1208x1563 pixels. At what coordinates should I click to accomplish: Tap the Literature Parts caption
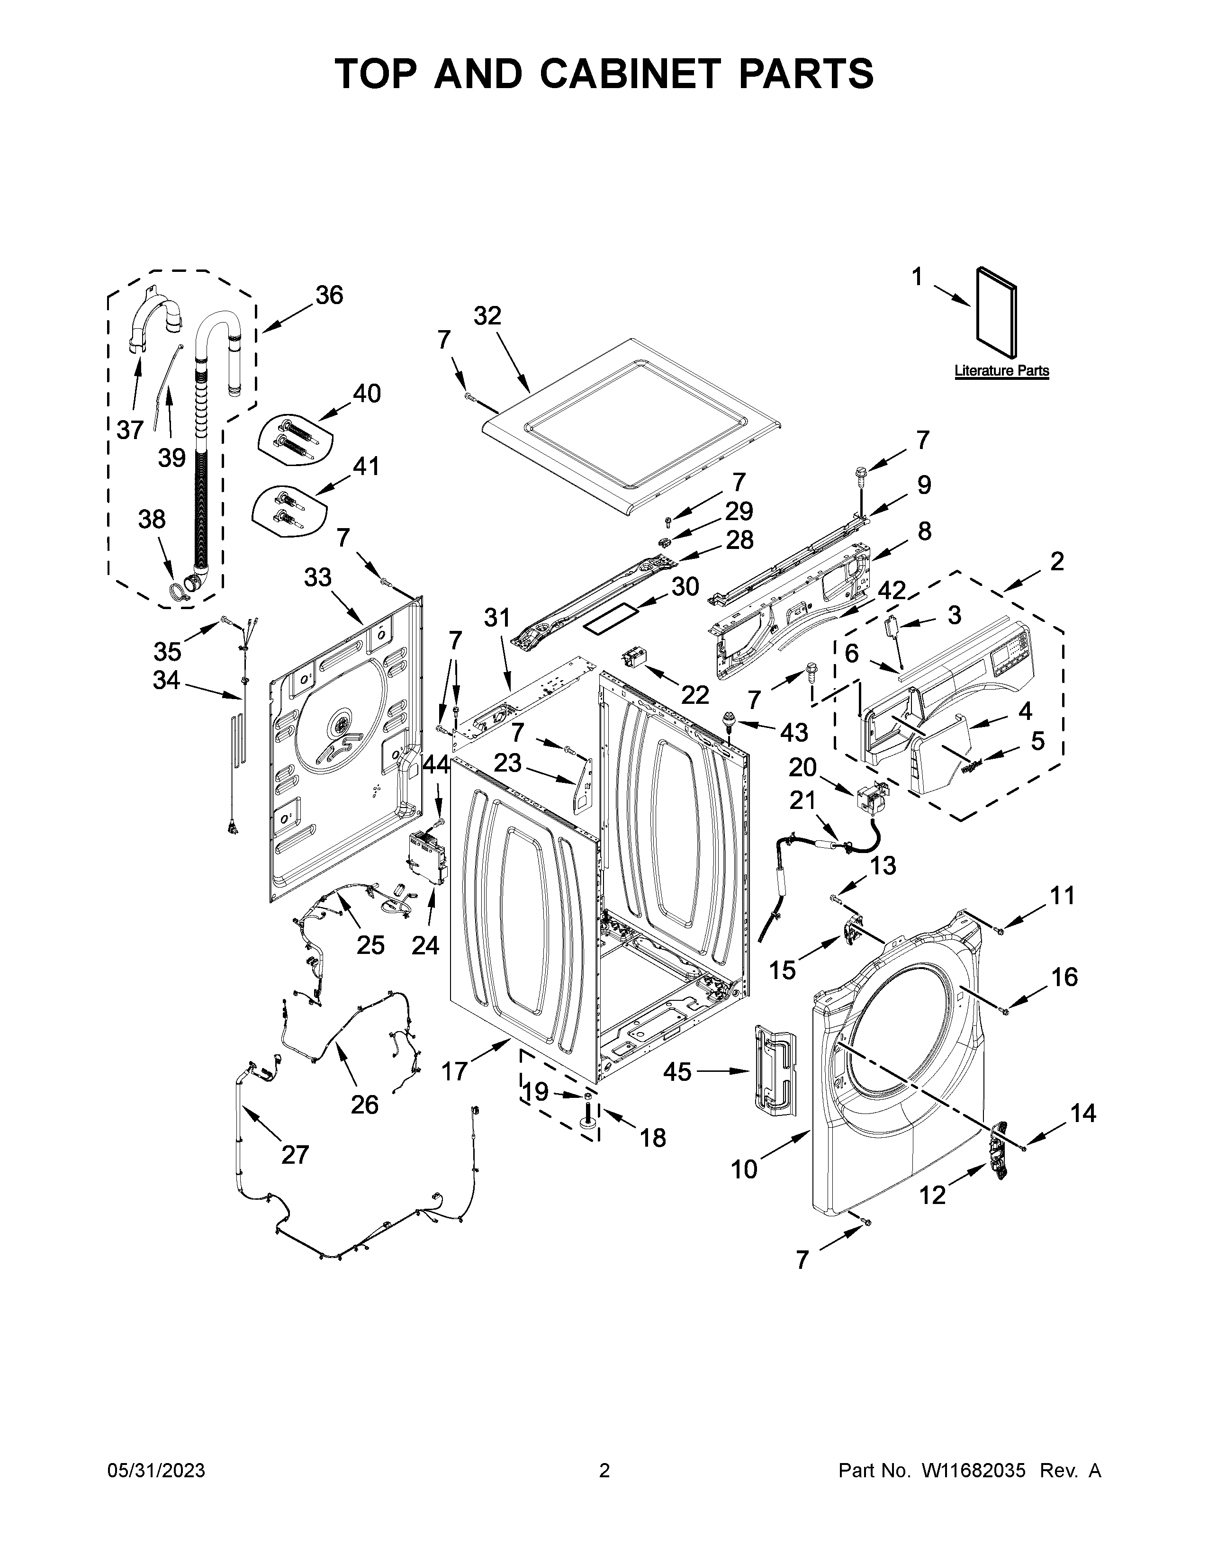coord(1001,371)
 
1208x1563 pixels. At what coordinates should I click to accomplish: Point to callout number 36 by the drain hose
coord(329,295)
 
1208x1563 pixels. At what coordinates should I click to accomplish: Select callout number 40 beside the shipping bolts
coord(366,393)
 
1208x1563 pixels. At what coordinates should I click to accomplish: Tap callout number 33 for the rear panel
coord(318,577)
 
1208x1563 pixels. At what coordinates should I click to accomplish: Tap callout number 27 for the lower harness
coord(294,1154)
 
